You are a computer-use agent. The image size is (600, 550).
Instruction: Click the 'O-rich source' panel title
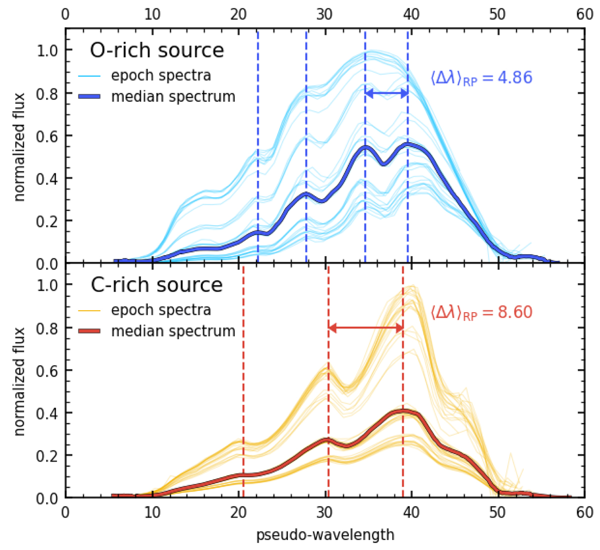(x=156, y=50)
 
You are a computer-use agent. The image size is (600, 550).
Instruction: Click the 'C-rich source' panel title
(x=156, y=285)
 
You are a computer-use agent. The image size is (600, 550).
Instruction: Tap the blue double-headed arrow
(x=386, y=93)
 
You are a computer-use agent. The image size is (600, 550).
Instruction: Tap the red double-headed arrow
(x=365, y=328)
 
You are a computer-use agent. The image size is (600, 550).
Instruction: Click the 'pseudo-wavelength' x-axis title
(x=325, y=536)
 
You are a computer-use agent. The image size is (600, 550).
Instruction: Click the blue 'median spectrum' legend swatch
(x=90, y=96)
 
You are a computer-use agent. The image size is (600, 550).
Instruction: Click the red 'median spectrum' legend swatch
(x=90, y=331)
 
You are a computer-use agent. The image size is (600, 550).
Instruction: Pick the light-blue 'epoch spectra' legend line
(x=90, y=76)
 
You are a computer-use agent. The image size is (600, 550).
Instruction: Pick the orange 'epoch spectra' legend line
(x=90, y=311)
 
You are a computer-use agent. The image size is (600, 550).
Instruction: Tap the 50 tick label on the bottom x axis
(x=498, y=513)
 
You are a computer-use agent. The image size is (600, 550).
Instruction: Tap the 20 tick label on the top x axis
(x=238, y=14)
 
